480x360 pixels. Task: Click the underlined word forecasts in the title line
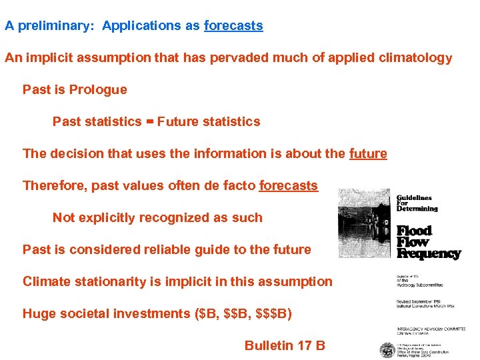[233, 26]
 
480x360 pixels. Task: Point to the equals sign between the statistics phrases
[149, 121]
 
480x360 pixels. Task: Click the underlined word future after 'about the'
[367, 153]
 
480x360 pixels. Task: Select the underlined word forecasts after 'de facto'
[288, 185]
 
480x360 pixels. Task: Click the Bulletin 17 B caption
[285, 345]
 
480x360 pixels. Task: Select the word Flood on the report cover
[414, 231]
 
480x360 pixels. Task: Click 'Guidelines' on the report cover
[414, 197]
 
